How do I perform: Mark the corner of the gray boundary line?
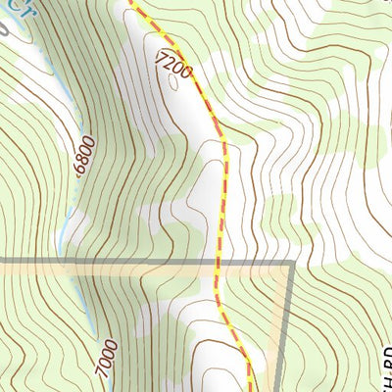click(x=293, y=263)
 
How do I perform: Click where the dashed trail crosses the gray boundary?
click(x=217, y=262)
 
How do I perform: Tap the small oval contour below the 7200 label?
click(x=173, y=82)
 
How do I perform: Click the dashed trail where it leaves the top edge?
click(x=129, y=3)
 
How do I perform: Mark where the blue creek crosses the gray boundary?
click(x=69, y=262)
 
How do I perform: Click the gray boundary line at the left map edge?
click(x=3, y=262)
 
